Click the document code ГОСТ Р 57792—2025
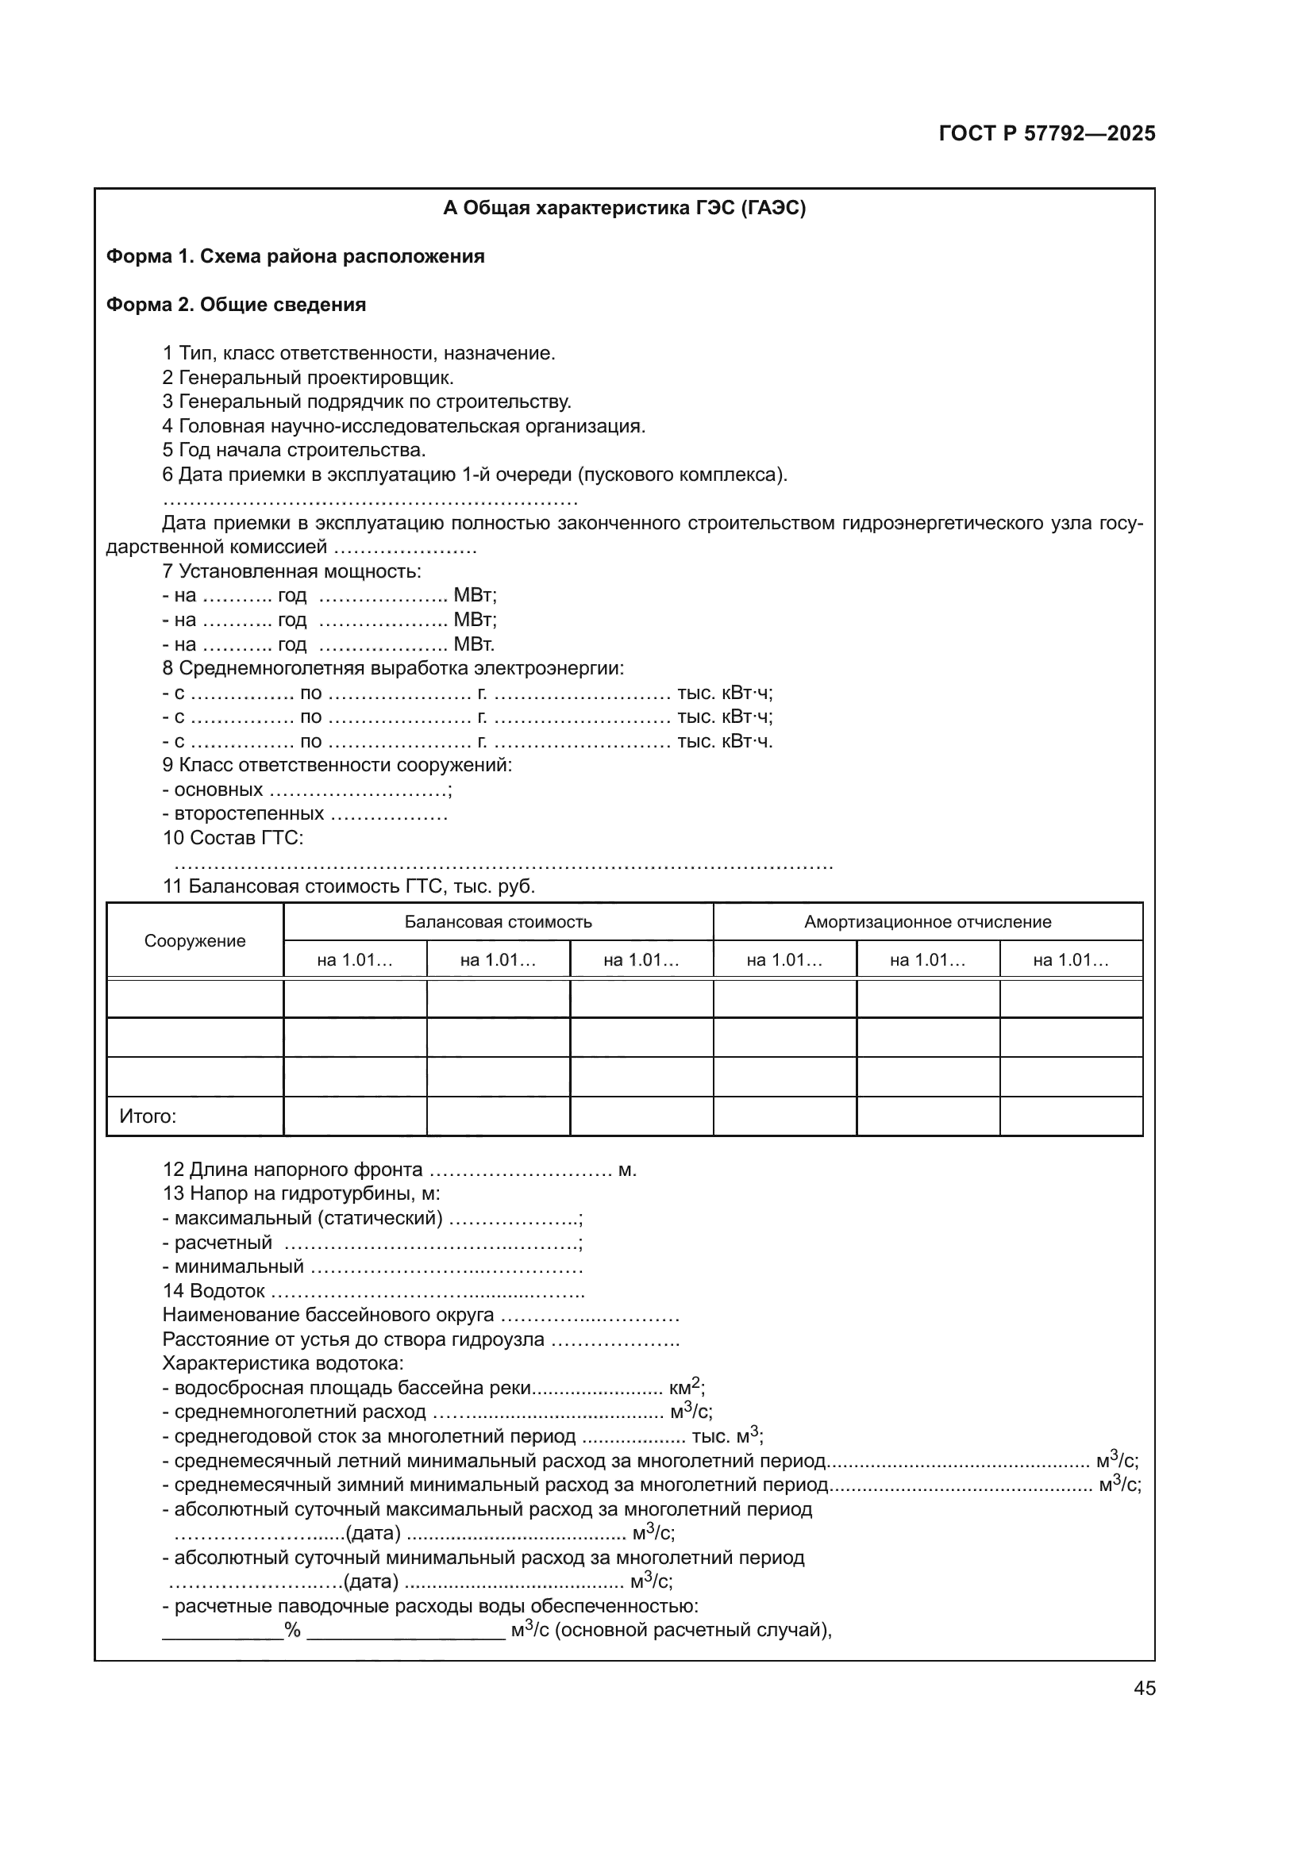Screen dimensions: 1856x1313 [x=1047, y=134]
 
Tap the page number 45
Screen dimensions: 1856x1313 [x=1144, y=1688]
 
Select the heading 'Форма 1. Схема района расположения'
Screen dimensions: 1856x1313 [x=295, y=257]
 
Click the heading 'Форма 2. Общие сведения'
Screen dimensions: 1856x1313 [x=236, y=305]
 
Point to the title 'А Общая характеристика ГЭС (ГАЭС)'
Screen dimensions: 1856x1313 [x=624, y=209]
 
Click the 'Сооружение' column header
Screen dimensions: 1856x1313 [x=194, y=941]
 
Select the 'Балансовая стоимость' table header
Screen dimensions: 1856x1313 [x=498, y=922]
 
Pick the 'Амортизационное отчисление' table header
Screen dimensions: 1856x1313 [x=927, y=922]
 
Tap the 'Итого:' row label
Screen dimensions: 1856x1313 [x=148, y=1117]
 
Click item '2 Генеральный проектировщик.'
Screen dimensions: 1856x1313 [x=308, y=378]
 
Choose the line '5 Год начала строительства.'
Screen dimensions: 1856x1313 [x=295, y=450]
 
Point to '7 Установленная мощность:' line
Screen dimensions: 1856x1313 [x=292, y=571]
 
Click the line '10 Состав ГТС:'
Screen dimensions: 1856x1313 [x=233, y=838]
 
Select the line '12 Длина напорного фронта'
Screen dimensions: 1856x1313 [x=293, y=1170]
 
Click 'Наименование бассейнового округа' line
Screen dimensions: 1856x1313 [x=329, y=1315]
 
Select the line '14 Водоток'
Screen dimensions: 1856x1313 [x=214, y=1291]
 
